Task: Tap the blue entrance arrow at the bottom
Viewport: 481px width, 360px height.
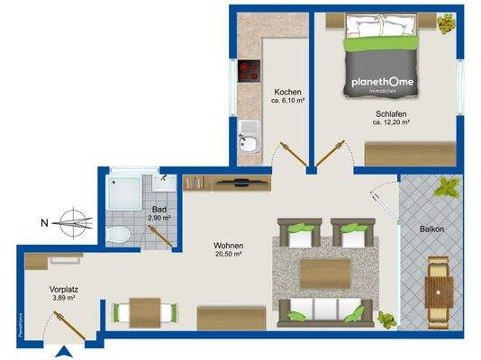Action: tap(63, 353)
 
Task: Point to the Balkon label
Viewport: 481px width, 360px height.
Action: tap(431, 229)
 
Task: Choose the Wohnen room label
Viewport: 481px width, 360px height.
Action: tap(228, 246)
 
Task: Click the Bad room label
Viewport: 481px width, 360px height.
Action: tap(159, 209)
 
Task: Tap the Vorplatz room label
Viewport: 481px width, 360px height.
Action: tap(41, 290)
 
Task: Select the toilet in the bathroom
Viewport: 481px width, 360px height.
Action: tap(118, 235)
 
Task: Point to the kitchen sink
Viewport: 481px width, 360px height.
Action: tap(249, 143)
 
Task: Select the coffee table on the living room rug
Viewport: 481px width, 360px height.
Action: tap(324, 273)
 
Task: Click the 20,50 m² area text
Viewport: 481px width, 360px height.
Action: tap(228, 256)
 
